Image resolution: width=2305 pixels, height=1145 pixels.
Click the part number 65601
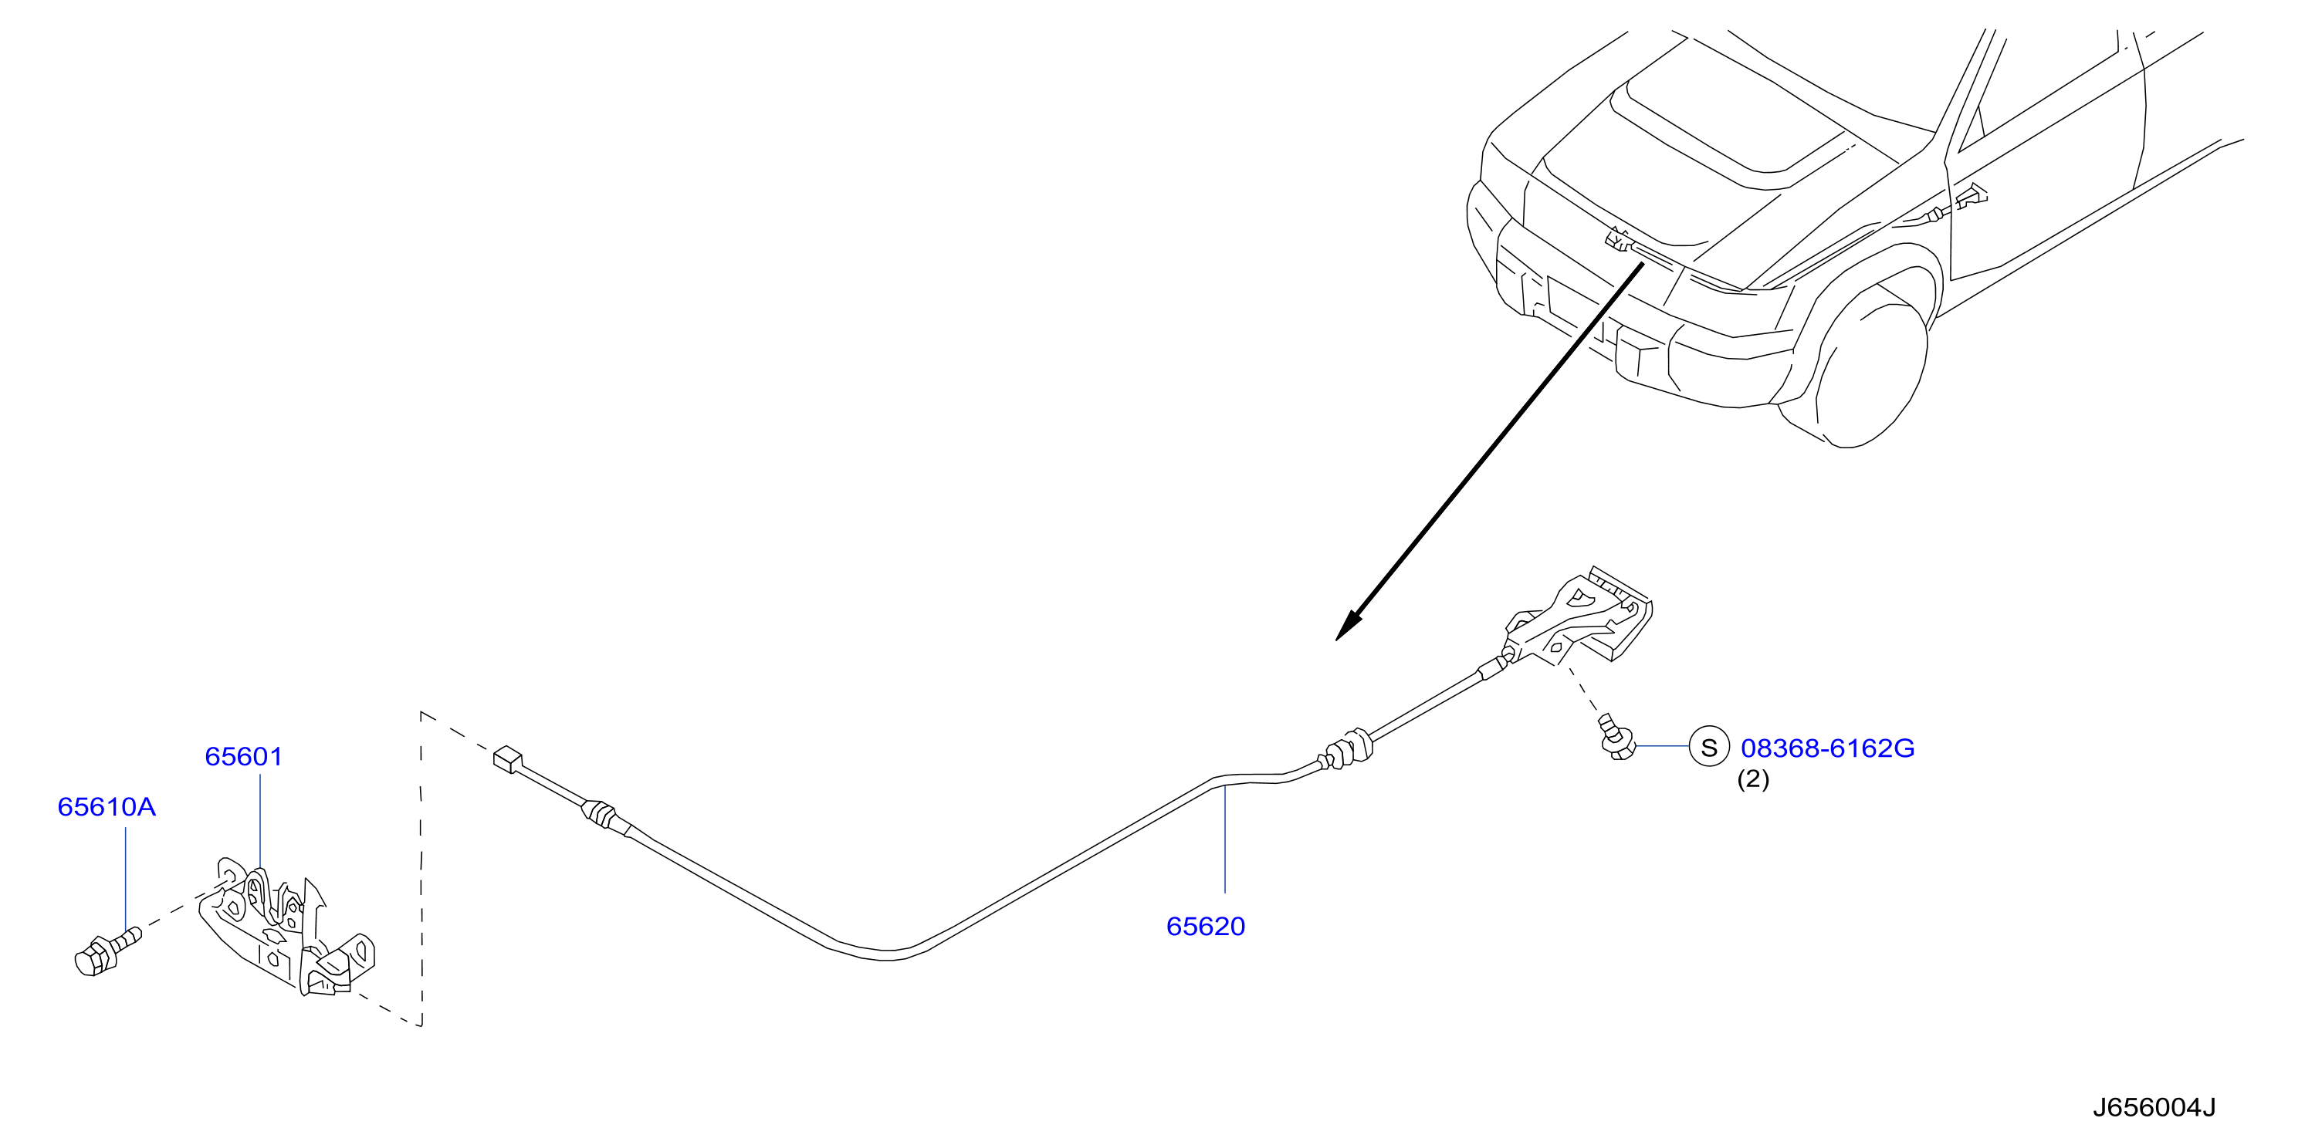click(243, 757)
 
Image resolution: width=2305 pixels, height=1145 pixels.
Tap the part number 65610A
click(107, 807)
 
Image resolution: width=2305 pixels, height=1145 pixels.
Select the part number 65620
click(1205, 926)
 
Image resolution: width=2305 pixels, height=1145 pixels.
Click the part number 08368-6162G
click(1827, 748)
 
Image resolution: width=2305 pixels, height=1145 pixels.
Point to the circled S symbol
click(1708, 747)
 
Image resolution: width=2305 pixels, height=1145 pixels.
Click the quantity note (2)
click(1753, 779)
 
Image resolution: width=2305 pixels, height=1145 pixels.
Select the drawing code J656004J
click(2154, 1107)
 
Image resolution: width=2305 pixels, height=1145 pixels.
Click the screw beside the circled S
click(1618, 737)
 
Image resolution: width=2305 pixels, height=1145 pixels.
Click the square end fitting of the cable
click(507, 758)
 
